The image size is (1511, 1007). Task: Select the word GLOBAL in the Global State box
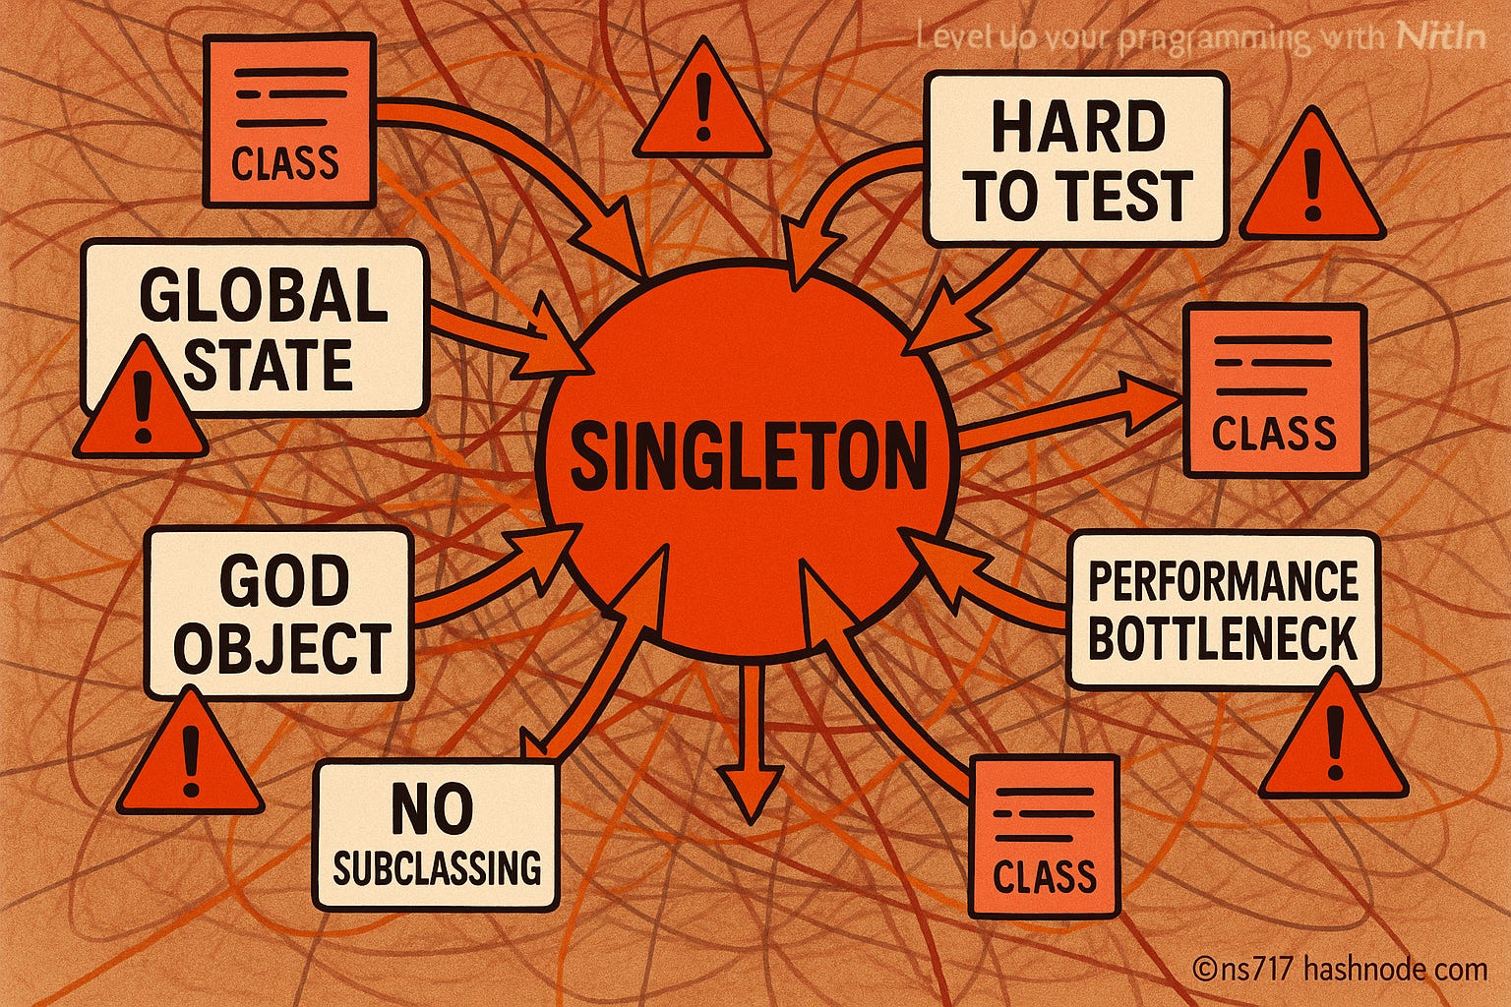[x=264, y=295]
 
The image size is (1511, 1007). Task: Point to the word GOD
[x=283, y=580]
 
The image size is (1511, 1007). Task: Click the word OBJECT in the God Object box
[x=283, y=648]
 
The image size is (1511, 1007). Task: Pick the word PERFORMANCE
[x=1223, y=581]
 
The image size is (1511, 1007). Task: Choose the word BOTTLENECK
[x=1223, y=639]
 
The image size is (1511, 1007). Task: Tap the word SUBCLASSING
[x=437, y=867]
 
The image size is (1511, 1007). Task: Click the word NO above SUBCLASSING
[x=432, y=808]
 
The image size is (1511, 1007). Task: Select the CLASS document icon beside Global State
[x=289, y=121]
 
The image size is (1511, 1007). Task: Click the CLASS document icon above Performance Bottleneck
[x=1274, y=390]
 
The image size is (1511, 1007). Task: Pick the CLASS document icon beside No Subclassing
[x=1044, y=836]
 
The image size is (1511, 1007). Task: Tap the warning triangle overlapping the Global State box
[x=141, y=405]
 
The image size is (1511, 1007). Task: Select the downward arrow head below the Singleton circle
[x=751, y=792]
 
